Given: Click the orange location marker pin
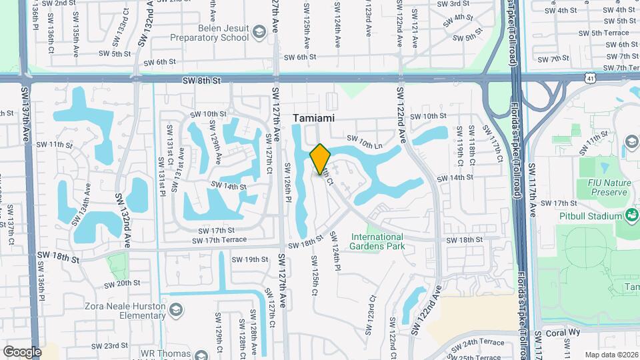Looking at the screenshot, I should pyautogui.click(x=321, y=158).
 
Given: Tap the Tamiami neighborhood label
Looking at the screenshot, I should pyautogui.click(x=313, y=117).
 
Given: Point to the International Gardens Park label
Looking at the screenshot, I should pyautogui.click(x=377, y=241).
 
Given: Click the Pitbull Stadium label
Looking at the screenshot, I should pyautogui.click(x=590, y=215).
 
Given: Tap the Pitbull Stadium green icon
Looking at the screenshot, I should pyautogui.click(x=631, y=215).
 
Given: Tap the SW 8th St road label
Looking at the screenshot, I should pyautogui.click(x=201, y=80).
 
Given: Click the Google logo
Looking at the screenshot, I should pyautogui.click(x=21, y=351).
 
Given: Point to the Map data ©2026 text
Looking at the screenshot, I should pyautogui.click(x=611, y=354).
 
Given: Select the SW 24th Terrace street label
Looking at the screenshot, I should pyautogui.click(x=481, y=343).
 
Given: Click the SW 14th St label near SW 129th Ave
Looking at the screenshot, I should pyautogui.click(x=229, y=186).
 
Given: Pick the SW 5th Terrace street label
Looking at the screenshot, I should pyautogui.click(x=603, y=33).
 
